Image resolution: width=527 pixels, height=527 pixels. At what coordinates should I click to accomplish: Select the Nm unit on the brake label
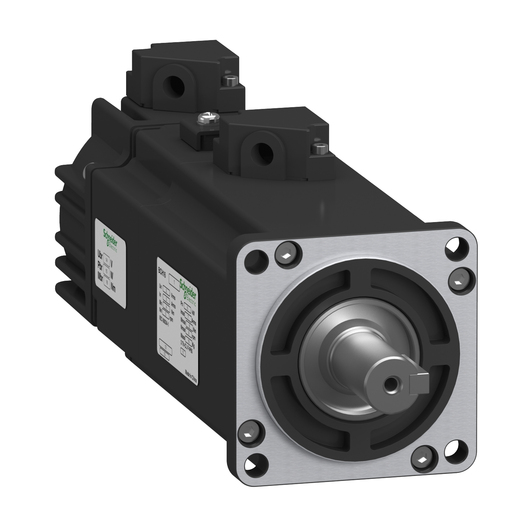point(113,289)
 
